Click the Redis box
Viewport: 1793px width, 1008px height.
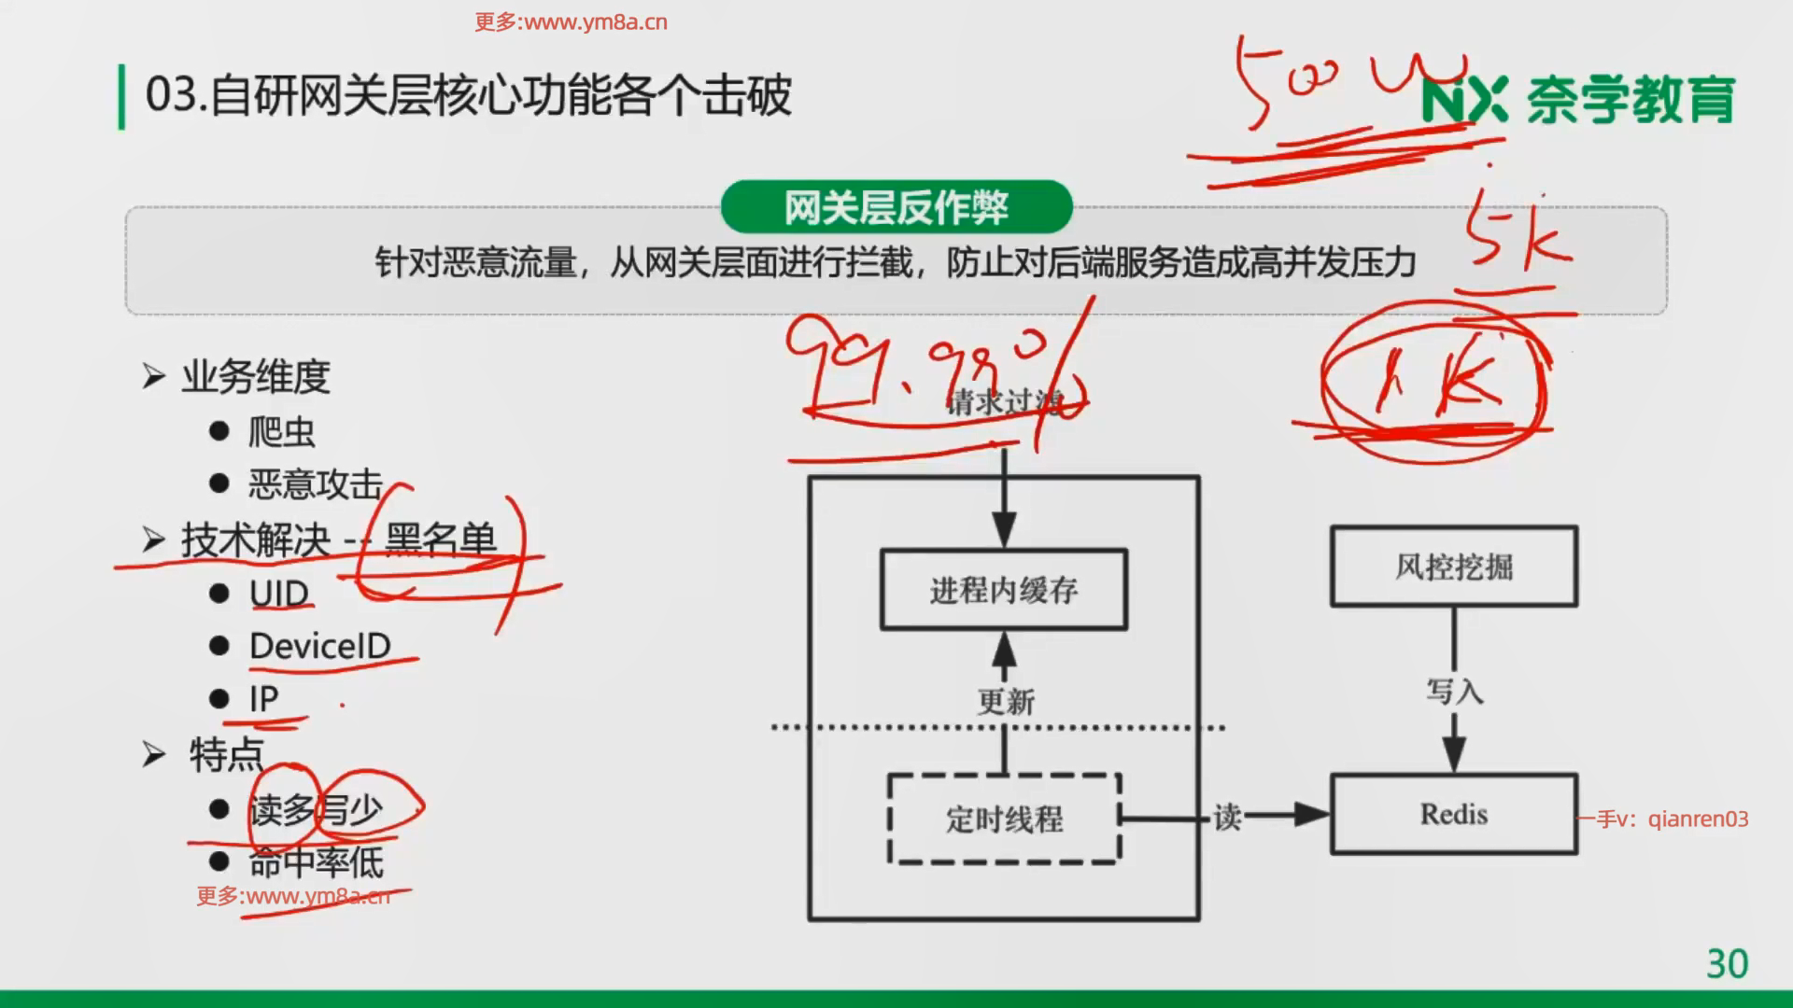[1453, 814]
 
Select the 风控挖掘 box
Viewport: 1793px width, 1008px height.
[1453, 567]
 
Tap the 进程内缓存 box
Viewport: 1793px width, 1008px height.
[1004, 590]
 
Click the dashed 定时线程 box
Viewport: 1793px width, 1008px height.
[1004, 819]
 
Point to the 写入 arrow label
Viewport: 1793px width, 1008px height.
[1454, 692]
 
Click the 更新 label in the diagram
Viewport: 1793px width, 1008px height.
[1006, 702]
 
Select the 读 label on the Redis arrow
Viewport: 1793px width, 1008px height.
[1226, 818]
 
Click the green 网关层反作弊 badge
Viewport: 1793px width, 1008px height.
[896, 207]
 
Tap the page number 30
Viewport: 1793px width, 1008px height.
[1727, 963]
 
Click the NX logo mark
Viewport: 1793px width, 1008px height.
[1464, 100]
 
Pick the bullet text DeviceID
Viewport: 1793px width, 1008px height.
[319, 646]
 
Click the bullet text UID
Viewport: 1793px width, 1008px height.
[278, 594]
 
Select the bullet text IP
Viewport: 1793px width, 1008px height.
[263, 698]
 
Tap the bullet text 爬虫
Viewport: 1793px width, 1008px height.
[281, 432]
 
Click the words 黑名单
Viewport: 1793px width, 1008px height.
[440, 539]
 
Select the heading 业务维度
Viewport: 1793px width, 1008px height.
[256, 376]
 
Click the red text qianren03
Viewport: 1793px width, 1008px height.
[1698, 819]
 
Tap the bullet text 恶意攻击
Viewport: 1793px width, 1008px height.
[315, 484]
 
